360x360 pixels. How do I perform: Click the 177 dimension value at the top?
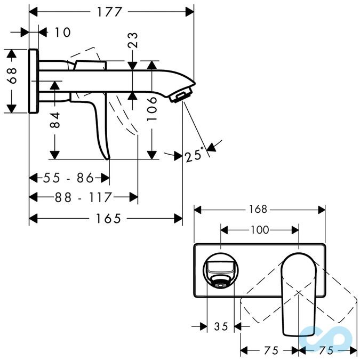[x=111, y=11]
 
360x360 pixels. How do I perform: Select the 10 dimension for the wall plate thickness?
[x=62, y=32]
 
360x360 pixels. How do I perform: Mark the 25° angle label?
[x=195, y=155]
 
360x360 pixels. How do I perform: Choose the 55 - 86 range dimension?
[x=62, y=178]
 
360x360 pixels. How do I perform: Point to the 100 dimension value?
[x=259, y=230]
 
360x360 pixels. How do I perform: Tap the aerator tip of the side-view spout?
[x=180, y=96]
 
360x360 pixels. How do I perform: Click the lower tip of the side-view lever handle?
[x=108, y=157]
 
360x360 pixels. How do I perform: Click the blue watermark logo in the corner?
[x=325, y=336]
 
